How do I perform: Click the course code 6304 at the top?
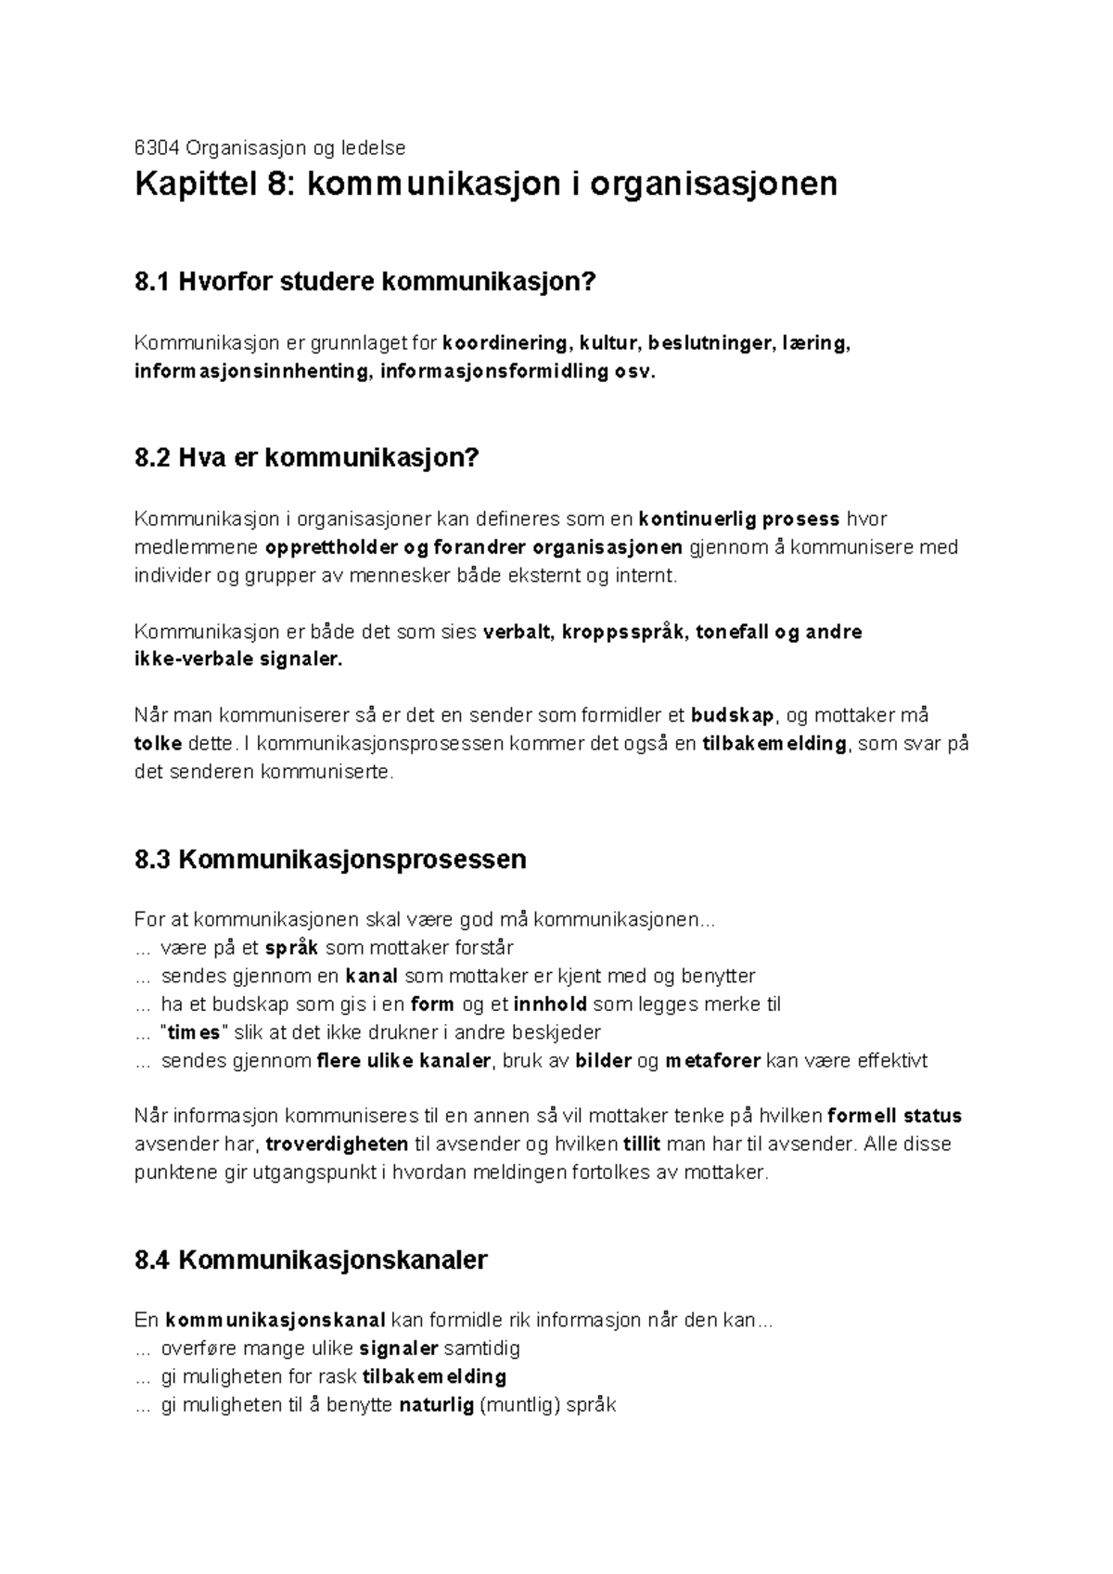[155, 147]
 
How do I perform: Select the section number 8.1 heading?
[153, 282]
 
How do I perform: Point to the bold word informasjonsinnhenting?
[249, 372]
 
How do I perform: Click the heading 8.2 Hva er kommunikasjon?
[306, 458]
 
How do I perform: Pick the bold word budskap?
[733, 716]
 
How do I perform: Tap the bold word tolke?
[158, 744]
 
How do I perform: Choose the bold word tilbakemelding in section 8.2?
[774, 744]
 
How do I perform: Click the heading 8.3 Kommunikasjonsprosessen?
[330, 859]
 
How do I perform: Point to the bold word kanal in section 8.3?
[371, 976]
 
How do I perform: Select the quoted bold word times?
[193, 1032]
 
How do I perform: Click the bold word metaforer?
[712, 1061]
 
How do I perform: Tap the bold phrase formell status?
[894, 1116]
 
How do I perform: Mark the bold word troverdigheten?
[338, 1144]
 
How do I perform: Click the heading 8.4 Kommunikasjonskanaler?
[311, 1260]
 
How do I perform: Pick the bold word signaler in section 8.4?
[399, 1349]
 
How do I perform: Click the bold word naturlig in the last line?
[436, 1405]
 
